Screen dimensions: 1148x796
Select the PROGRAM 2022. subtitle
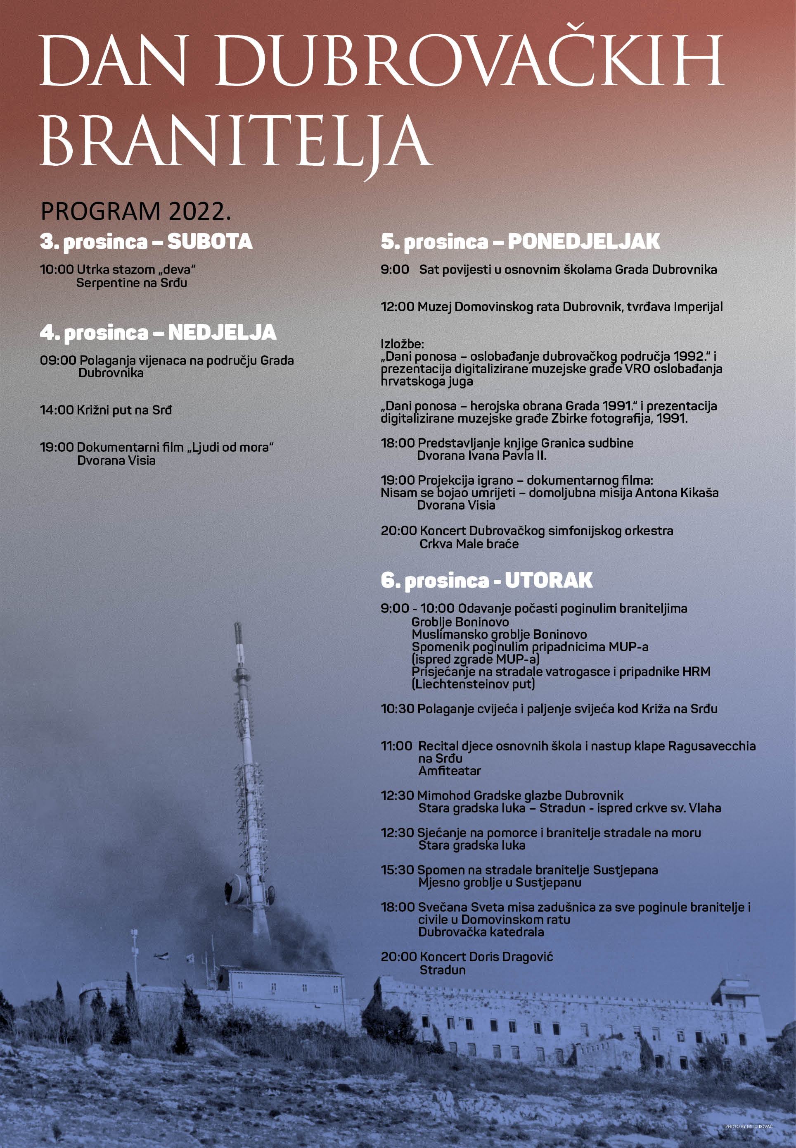136,212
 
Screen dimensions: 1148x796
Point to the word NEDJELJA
222,332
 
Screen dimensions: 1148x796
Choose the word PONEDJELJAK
583,242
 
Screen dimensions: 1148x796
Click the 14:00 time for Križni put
57,410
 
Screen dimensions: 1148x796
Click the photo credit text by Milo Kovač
748,1127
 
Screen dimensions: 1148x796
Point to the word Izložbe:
402,344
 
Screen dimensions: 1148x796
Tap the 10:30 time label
397,709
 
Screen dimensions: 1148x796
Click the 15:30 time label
397,870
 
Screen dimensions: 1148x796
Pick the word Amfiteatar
449,771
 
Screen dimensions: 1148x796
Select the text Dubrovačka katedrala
481,932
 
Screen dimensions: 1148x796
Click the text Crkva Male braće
469,544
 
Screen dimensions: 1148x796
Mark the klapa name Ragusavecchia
712,746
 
